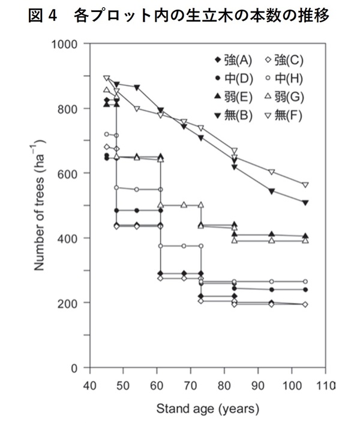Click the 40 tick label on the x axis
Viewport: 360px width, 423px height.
click(89, 385)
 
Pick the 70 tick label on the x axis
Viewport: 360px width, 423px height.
click(190, 385)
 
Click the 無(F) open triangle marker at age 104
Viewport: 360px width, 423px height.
click(305, 185)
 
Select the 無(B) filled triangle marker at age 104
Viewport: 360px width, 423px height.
click(305, 203)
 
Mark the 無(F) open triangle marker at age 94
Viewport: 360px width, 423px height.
click(271, 172)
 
